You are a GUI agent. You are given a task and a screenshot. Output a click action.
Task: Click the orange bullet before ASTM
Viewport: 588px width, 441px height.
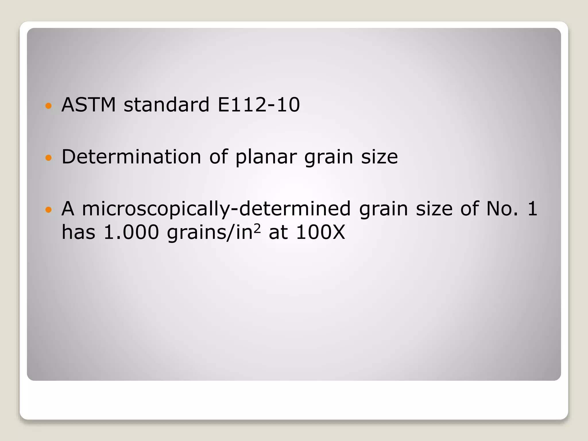click(49, 106)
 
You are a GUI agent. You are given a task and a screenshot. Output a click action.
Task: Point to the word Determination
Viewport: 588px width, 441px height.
click(131, 157)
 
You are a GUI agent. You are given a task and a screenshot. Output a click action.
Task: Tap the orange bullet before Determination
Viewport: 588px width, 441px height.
click(49, 158)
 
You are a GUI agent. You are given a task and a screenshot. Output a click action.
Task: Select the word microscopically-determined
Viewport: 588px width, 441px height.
click(216, 209)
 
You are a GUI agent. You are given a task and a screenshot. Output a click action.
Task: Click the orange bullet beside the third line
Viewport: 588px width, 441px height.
click(49, 210)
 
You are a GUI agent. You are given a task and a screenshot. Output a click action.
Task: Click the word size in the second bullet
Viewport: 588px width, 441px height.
click(379, 157)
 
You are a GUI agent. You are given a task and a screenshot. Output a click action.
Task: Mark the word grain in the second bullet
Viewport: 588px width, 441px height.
click(328, 157)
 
